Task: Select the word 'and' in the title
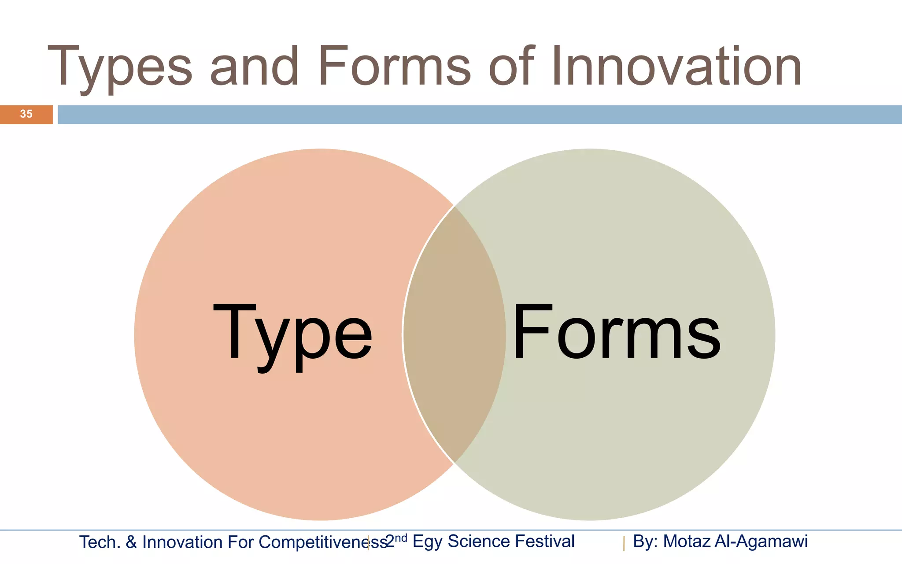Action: (x=254, y=66)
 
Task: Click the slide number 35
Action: (x=26, y=114)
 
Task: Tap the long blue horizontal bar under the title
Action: (x=480, y=115)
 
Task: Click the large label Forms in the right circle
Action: (x=616, y=333)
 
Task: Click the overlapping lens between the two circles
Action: (x=455, y=335)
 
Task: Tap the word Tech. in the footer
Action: (x=100, y=542)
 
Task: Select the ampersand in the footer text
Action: (x=131, y=542)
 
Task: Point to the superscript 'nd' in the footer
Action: (x=401, y=538)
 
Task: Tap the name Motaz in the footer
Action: (x=686, y=542)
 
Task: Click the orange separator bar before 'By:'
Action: (x=624, y=543)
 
